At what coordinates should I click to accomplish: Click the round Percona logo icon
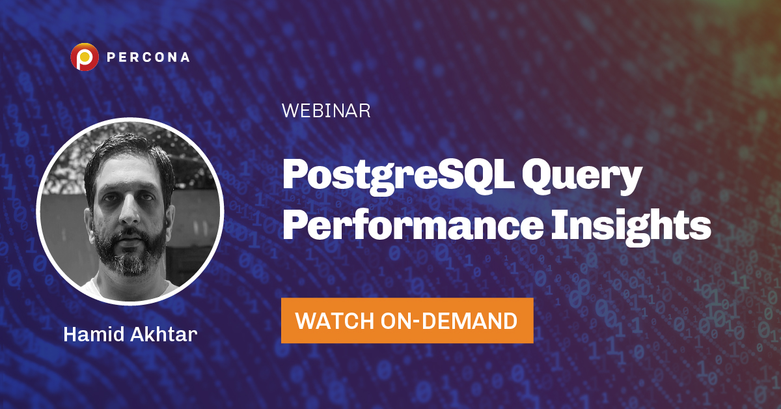(84, 57)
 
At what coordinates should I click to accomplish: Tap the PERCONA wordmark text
(148, 57)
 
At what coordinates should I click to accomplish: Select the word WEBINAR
(326, 111)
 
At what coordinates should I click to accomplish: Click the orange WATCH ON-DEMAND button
(407, 320)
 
